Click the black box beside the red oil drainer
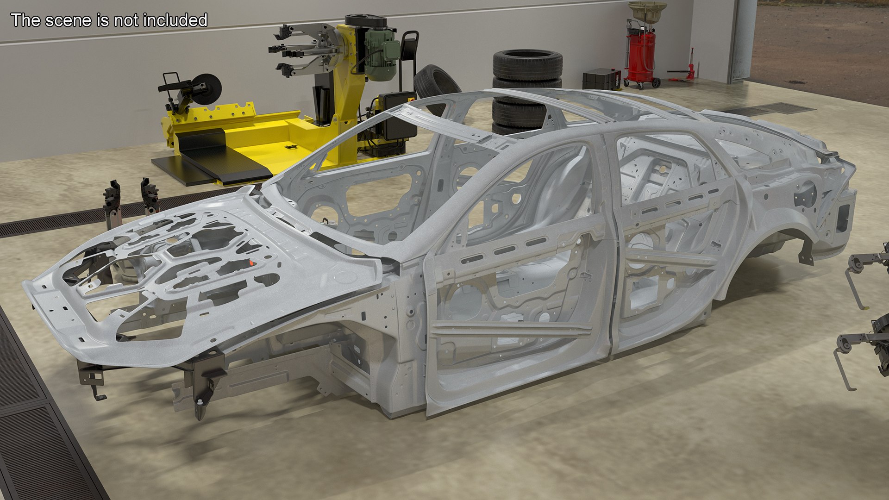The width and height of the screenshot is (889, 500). (x=601, y=79)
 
